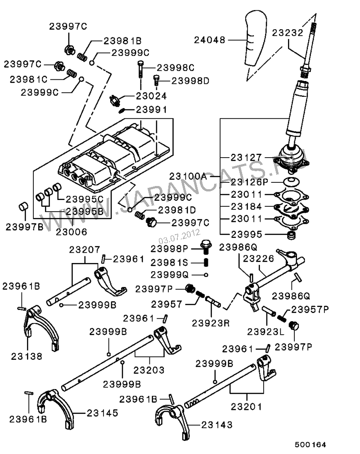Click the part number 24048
click(x=210, y=40)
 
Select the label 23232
click(x=288, y=32)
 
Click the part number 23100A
click(x=188, y=176)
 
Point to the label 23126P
click(x=249, y=182)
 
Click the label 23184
click(x=246, y=207)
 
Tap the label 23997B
click(x=24, y=227)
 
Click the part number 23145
click(x=103, y=412)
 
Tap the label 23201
click(x=246, y=407)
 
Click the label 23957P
click(x=310, y=309)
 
